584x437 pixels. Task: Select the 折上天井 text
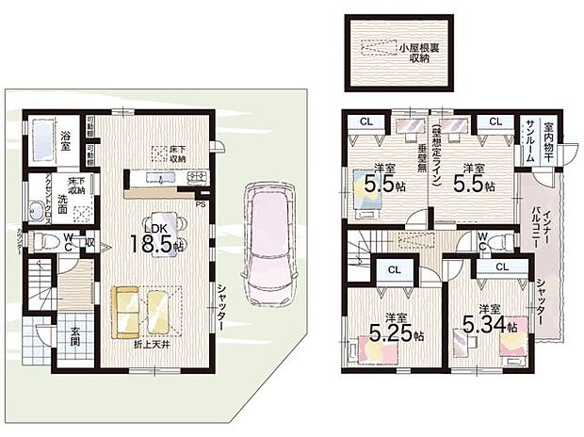(x=153, y=346)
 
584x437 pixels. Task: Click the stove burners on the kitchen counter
(x=196, y=177)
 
